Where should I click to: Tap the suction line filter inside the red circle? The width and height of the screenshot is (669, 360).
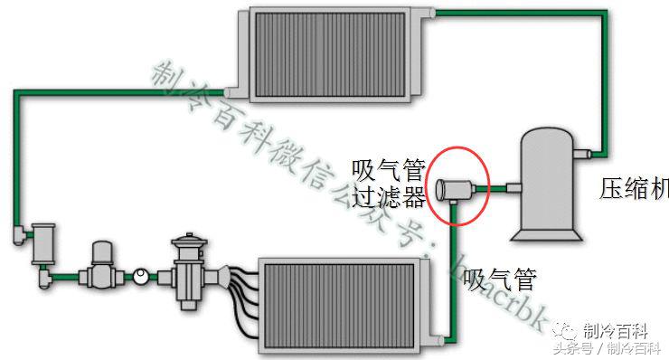click(457, 189)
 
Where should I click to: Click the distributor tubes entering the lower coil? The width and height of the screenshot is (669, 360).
click(241, 285)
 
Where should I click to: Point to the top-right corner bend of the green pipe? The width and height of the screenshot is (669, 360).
click(603, 13)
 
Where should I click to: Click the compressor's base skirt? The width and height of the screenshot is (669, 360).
click(547, 233)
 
